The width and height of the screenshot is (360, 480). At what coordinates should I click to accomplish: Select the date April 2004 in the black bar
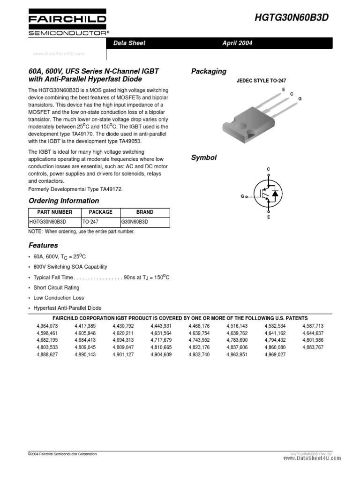(237, 43)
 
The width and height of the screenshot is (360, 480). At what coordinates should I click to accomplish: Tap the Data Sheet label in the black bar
(129, 43)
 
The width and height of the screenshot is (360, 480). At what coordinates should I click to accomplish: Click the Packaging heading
(209, 71)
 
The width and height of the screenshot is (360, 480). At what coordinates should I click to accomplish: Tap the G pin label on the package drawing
(300, 99)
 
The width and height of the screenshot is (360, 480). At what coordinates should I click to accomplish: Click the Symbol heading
(203, 157)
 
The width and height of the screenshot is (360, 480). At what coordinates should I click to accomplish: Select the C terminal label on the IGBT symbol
(269, 169)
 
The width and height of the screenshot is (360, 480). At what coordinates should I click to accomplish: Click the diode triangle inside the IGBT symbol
(275, 193)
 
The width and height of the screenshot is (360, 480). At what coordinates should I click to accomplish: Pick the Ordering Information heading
(64, 201)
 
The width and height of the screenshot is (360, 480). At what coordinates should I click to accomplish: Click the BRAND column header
(145, 212)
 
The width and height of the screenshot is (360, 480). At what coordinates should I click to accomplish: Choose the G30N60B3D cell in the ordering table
(135, 222)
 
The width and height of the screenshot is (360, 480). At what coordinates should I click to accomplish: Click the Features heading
(43, 245)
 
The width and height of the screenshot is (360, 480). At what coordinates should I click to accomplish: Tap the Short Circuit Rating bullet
(56, 287)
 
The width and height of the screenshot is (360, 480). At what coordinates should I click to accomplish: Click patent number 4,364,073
(47, 325)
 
